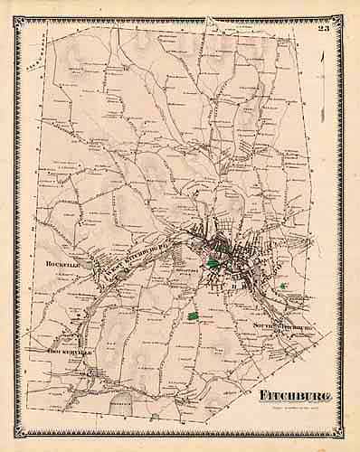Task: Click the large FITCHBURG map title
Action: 287,397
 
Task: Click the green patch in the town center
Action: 213,263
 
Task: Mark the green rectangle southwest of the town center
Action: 193,316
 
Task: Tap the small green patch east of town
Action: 283,287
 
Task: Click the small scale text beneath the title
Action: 289,409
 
